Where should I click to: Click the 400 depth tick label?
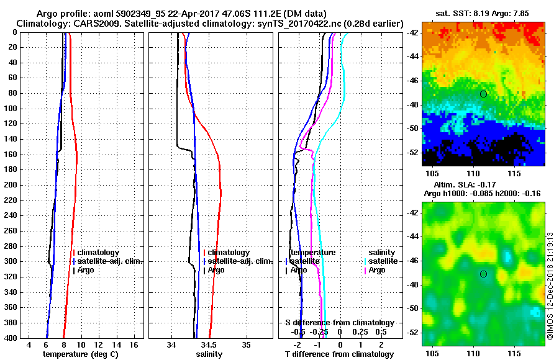[11, 338]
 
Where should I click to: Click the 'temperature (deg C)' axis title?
[80, 354]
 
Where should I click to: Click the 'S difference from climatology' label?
[339, 323]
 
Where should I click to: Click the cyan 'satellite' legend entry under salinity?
[383, 261]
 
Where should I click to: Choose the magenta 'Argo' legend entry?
[377, 270]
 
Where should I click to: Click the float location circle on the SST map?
[483, 94]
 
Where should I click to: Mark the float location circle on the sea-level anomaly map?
[483, 274]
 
